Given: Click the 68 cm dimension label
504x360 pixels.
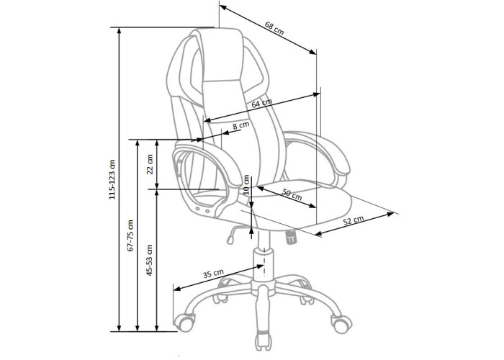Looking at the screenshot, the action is coord(274,28).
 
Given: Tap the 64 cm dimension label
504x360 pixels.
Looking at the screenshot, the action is coord(261,103).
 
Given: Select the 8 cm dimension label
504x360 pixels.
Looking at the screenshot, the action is coord(241,125).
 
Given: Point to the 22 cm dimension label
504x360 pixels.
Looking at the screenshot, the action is coord(150,164).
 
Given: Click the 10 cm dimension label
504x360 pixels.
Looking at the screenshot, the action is coord(246,185).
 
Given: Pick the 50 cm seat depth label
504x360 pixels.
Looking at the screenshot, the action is coord(292,194).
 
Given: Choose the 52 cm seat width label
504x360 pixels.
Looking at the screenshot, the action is coord(354,220).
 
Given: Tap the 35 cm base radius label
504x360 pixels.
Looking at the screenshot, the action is coord(213,274).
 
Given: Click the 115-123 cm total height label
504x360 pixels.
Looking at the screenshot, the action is coord(112,180).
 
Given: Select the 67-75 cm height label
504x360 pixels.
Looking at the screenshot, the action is coord(130,235).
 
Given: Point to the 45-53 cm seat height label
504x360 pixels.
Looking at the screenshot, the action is coord(149,261).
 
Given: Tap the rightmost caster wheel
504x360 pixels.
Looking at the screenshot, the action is coord(341,323).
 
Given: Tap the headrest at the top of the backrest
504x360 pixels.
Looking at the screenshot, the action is coord(222,55).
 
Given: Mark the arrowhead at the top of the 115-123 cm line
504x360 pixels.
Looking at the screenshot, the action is coord(120,30).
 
